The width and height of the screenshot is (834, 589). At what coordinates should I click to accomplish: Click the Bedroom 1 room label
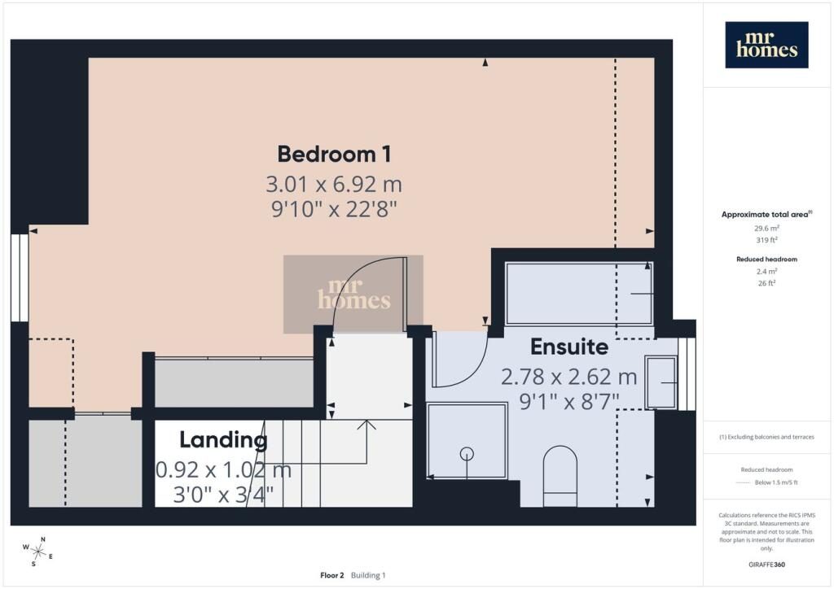334,154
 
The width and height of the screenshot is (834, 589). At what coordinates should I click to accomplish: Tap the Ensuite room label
569,347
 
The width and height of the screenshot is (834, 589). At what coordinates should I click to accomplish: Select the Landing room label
223,440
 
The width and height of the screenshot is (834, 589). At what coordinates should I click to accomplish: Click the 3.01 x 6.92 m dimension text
334,185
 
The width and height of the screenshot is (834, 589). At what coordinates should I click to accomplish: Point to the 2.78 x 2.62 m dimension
569,377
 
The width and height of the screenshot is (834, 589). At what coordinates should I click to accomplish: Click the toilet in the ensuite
560,476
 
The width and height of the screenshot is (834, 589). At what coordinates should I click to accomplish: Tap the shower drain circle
467,454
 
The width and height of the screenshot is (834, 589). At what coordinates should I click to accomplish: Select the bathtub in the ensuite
579,293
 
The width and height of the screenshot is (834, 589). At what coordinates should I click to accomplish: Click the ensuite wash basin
661,382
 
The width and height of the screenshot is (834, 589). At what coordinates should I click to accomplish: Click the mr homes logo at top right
766,45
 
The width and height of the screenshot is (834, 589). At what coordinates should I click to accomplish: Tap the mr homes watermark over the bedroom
353,294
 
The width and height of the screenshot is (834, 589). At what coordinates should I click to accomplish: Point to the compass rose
37,552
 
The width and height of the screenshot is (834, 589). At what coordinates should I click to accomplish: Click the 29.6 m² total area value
766,229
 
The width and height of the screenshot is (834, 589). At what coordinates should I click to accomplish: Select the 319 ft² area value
766,240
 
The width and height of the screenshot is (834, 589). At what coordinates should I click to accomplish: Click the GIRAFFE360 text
766,565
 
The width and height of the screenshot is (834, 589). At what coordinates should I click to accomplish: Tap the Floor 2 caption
332,575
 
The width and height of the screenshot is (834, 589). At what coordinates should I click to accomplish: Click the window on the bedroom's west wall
20,277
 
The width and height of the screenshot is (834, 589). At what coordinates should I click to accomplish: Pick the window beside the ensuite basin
687,374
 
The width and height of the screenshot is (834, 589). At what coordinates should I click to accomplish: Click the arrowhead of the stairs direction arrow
367,425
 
